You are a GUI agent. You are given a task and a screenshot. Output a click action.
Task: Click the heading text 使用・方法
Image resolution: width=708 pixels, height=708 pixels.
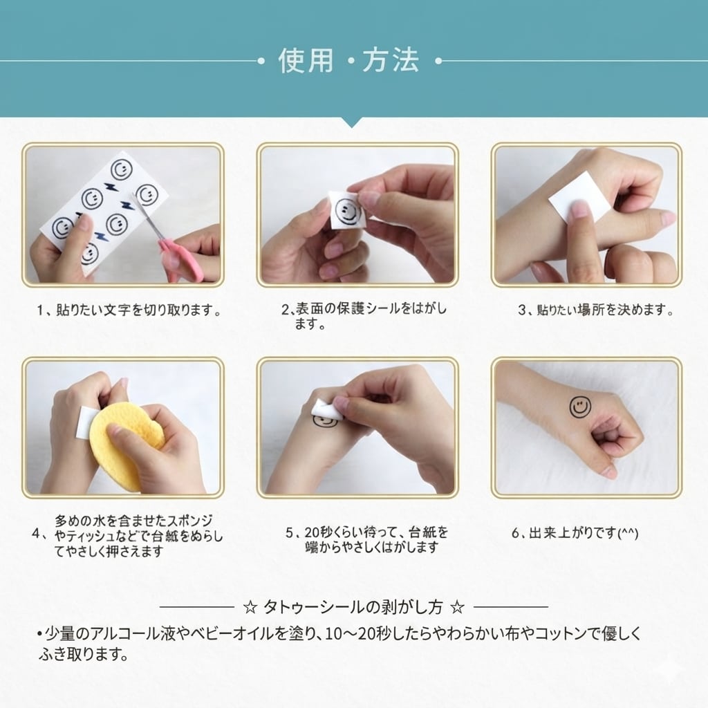pyautogui.click(x=348, y=61)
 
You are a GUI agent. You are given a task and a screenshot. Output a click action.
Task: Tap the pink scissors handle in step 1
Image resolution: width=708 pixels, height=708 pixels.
pyautogui.click(x=180, y=261)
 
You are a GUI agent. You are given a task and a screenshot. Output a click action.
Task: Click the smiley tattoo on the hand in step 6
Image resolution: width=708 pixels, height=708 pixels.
pyautogui.click(x=580, y=407)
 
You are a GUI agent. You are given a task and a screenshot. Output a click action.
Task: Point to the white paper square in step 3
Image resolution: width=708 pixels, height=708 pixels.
pyautogui.click(x=579, y=197)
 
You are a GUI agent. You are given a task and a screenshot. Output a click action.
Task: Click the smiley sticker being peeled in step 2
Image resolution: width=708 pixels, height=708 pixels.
pyautogui.click(x=347, y=212)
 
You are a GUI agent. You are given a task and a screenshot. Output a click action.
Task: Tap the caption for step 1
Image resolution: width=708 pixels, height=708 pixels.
pyautogui.click(x=129, y=310)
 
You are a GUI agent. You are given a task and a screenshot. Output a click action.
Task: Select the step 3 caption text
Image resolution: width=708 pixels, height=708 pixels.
pyautogui.click(x=596, y=310)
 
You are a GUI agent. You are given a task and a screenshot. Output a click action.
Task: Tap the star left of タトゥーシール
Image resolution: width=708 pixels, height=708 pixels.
pyautogui.click(x=250, y=607)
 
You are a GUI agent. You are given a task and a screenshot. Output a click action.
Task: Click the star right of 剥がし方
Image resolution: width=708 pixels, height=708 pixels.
pyautogui.click(x=458, y=607)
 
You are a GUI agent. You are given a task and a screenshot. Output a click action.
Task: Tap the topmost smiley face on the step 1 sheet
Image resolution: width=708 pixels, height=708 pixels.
pyautogui.click(x=122, y=170)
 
